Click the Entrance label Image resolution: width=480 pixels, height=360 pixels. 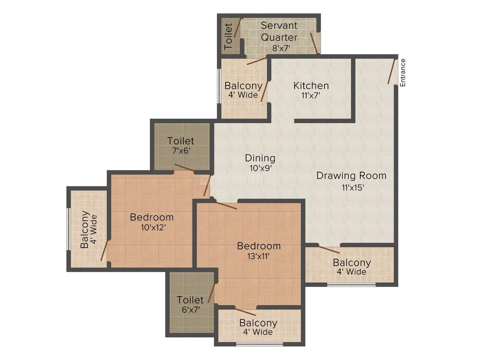click(403, 72)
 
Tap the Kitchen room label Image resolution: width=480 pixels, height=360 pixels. click(311, 86)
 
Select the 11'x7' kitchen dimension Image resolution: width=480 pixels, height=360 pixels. click(311, 95)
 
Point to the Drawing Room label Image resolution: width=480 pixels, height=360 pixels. click(351, 175)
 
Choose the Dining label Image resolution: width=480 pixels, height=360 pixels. click(260, 158)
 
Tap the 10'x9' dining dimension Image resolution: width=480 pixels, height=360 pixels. click(260, 168)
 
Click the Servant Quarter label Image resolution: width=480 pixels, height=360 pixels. click(279, 31)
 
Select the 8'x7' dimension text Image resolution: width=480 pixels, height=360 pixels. click(281, 48)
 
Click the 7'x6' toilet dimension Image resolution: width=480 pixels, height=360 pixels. click(181, 151)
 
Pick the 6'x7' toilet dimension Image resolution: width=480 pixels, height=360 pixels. click(190, 309)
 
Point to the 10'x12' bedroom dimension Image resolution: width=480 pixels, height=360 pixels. click(151, 227)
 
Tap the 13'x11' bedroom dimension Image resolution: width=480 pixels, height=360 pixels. click(259, 256)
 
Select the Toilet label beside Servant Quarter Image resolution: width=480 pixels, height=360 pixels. click(228, 37)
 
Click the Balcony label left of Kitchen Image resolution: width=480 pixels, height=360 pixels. click(243, 86)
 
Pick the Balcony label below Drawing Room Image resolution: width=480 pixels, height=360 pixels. click(352, 262)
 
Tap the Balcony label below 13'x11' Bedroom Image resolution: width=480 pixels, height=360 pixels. click(258, 323)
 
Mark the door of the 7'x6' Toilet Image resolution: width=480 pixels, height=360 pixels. click(184, 168)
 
